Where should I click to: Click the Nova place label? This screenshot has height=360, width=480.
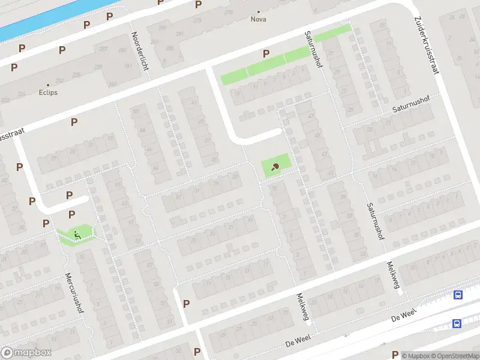point(259,19)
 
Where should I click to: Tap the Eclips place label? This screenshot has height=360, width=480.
point(49,93)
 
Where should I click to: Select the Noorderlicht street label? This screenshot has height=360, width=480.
point(140,51)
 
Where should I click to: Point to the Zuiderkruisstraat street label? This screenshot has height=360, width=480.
point(427,44)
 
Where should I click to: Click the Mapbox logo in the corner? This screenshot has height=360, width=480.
point(26,353)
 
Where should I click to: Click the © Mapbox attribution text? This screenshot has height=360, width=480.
point(415,356)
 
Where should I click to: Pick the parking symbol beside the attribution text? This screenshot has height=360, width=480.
point(394,355)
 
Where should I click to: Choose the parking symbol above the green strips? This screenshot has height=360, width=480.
point(266,54)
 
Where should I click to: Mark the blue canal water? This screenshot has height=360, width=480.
point(36,18)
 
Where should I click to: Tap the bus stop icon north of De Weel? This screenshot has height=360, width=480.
point(458,295)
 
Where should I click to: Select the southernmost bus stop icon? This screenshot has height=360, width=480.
point(457,324)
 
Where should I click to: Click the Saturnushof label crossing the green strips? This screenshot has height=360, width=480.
point(313,49)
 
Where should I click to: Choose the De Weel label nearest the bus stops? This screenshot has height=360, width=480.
point(403,316)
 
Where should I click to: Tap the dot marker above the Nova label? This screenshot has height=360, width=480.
point(259,11)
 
